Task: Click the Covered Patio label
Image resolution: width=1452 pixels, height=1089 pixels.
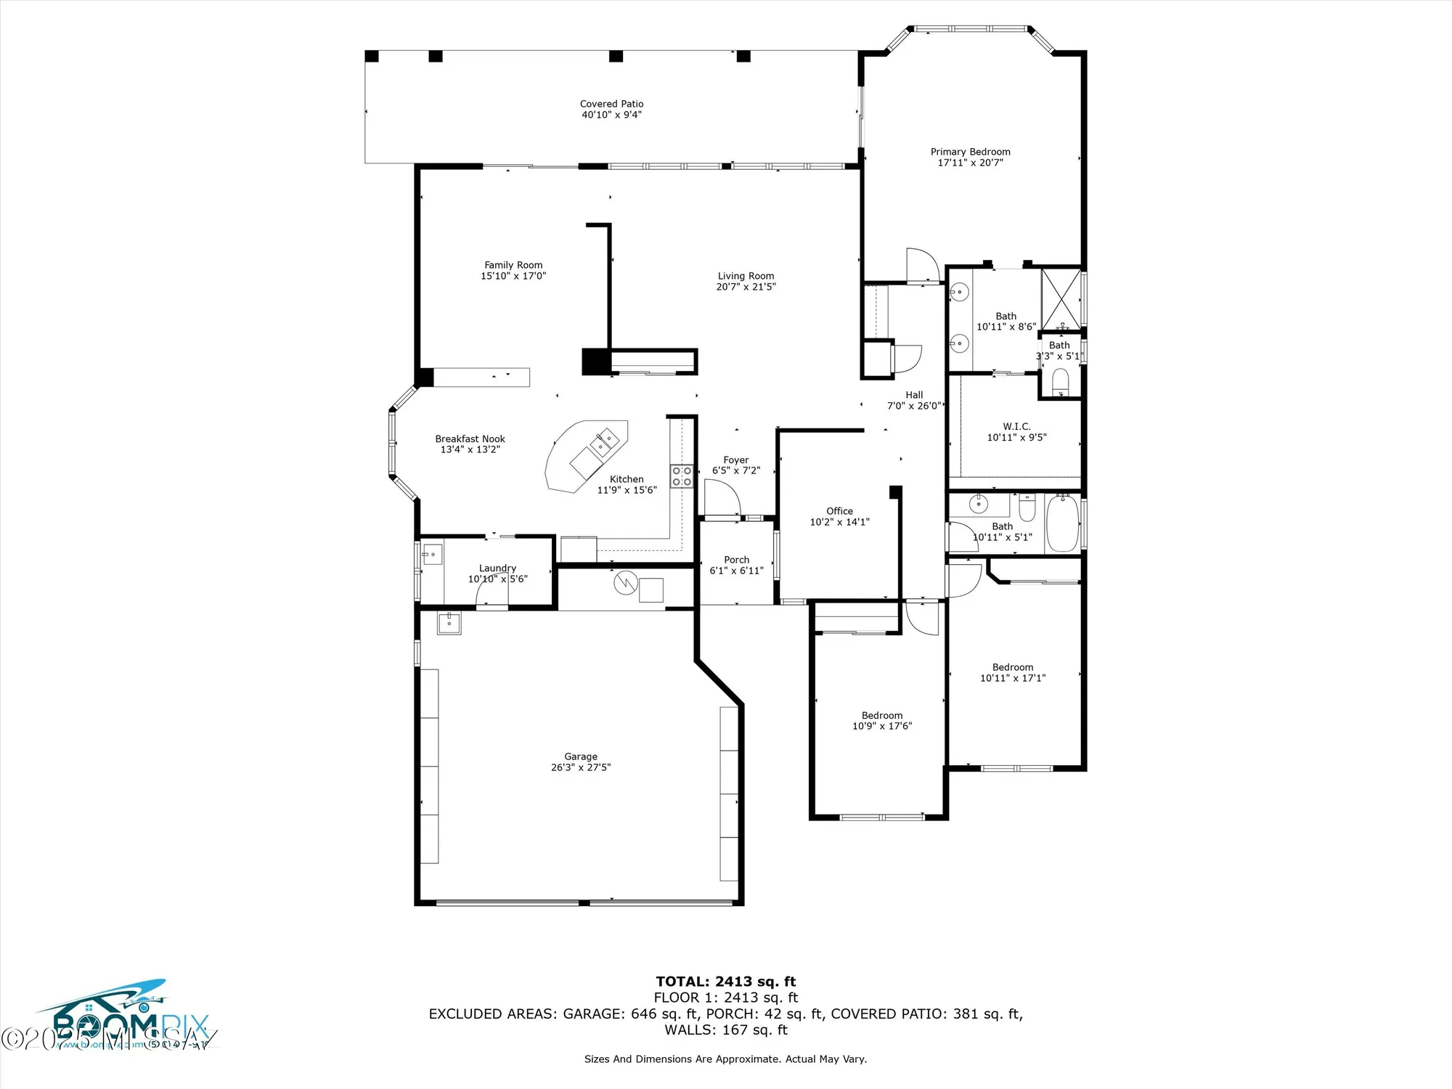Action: (611, 104)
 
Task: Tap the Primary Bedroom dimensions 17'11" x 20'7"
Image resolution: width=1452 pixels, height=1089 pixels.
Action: (970, 163)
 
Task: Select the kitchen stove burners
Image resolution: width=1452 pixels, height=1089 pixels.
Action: (681, 476)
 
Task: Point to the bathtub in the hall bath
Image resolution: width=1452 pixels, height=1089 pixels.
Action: (1062, 523)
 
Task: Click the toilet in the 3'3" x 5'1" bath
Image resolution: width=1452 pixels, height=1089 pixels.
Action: (1060, 382)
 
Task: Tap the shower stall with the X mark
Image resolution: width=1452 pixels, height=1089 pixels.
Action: (1060, 300)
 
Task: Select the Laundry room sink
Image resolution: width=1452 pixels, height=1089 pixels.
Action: (432, 554)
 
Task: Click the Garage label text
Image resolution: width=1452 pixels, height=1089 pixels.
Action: (581, 756)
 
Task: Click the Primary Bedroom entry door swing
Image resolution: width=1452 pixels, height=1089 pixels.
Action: (921, 266)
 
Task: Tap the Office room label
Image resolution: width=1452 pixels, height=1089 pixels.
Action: (839, 511)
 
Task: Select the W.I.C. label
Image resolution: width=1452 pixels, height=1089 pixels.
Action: (1016, 426)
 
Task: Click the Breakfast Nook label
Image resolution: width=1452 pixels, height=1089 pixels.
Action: (470, 439)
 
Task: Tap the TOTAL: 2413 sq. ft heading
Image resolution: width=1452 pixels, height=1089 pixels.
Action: (726, 982)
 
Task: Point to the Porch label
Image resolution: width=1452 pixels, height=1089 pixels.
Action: (736, 560)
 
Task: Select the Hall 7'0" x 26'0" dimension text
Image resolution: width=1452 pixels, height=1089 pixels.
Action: (913, 406)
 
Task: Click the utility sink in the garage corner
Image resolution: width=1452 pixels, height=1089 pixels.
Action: (449, 622)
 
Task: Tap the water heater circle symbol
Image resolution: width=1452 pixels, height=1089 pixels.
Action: (624, 582)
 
